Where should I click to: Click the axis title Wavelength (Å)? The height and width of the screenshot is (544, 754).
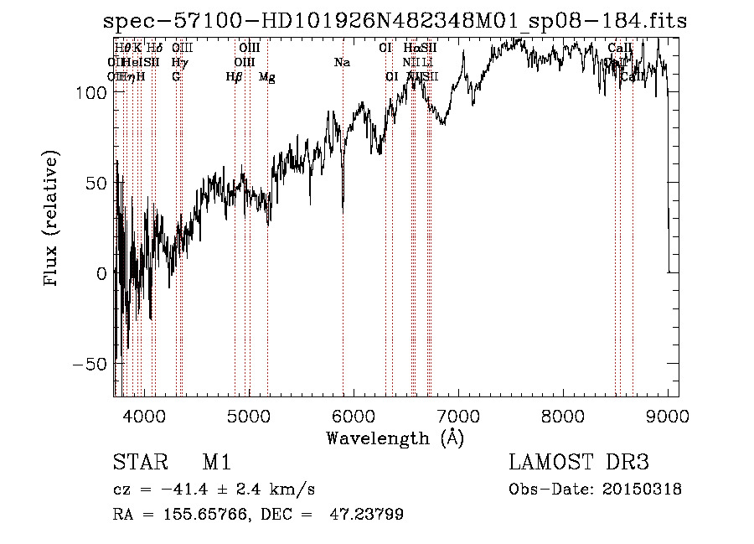(x=395, y=438)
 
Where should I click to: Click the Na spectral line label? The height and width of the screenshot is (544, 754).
(x=342, y=63)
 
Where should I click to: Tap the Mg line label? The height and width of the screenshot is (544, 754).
(x=266, y=77)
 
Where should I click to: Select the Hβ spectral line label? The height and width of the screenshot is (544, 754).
(x=234, y=77)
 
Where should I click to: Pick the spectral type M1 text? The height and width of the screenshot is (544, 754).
(x=216, y=463)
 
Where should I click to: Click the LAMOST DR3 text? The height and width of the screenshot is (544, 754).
(x=578, y=463)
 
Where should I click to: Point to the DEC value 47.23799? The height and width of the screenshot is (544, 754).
(x=368, y=515)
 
